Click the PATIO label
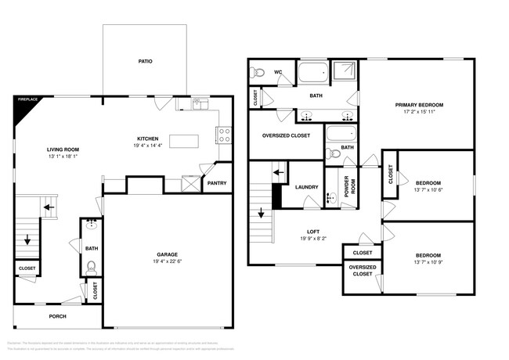145,60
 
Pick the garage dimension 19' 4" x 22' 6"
167,262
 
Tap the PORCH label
57,316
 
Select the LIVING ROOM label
63,149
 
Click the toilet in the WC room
257,74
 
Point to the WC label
278,72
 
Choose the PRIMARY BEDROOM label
420,104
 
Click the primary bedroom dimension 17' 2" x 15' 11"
420,112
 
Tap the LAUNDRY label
306,187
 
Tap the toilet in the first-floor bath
90,266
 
